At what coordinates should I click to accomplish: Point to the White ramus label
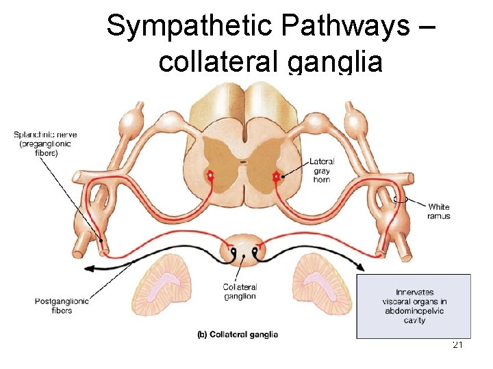[x=440, y=210]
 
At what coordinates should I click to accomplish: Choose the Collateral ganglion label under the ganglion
[x=240, y=291]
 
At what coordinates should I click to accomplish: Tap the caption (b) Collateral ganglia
[x=238, y=334]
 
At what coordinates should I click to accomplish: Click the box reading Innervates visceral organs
[x=414, y=306]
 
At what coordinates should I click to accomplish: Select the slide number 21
[x=458, y=345]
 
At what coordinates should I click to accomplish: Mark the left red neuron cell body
[x=210, y=176]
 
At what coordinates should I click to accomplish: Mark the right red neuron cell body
[x=277, y=176]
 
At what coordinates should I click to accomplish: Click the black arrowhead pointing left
[x=88, y=268]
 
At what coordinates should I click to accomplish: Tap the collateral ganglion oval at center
[x=244, y=251]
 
